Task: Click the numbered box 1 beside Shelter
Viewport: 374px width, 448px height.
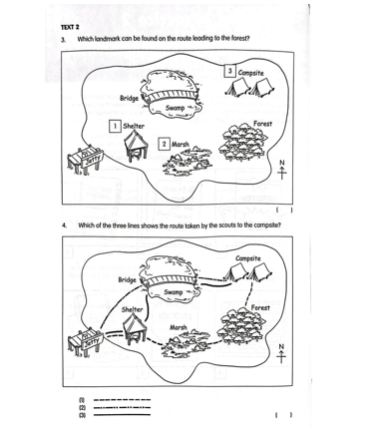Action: click(x=115, y=127)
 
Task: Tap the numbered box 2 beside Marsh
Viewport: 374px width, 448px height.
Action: click(x=164, y=145)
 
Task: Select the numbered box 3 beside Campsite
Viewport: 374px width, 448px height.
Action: click(x=229, y=71)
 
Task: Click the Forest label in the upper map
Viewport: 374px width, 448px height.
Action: click(x=262, y=124)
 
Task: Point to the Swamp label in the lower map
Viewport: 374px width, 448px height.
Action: click(x=174, y=292)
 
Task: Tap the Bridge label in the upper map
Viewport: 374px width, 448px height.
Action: click(x=129, y=99)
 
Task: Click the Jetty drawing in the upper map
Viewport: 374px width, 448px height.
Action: click(x=85, y=161)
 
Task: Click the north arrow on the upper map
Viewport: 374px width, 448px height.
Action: click(x=282, y=170)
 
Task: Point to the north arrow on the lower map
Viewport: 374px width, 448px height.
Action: click(x=281, y=354)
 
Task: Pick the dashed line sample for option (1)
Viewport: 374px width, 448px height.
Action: click(x=122, y=400)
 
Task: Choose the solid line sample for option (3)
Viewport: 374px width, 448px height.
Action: click(x=122, y=415)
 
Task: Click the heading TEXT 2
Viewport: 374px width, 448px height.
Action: click(x=70, y=27)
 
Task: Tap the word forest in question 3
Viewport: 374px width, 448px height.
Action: click(x=239, y=38)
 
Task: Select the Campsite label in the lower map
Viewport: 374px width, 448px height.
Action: click(x=248, y=258)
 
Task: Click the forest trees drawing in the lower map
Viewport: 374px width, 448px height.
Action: click(x=241, y=325)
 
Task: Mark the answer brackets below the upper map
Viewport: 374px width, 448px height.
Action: click(x=284, y=210)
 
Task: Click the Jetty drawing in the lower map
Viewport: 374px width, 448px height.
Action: click(x=85, y=342)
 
